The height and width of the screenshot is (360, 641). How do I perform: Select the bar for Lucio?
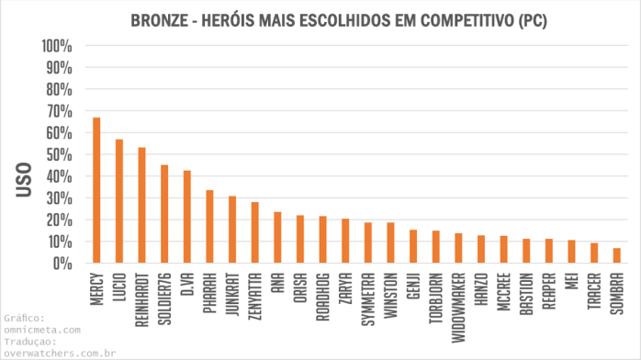[119, 201]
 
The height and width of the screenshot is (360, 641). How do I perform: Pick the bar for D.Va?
[187, 217]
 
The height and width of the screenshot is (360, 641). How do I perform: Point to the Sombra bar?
[617, 255]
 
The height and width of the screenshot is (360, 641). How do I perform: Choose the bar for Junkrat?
[232, 230]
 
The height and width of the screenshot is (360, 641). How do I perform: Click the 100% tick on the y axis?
[57, 46]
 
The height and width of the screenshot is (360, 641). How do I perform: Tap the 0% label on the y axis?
[63, 264]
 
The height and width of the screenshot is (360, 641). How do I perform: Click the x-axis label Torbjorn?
[436, 297]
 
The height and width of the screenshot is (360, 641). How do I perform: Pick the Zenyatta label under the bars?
[255, 297]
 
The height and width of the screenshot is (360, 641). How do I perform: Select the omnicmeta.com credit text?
[42, 329]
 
